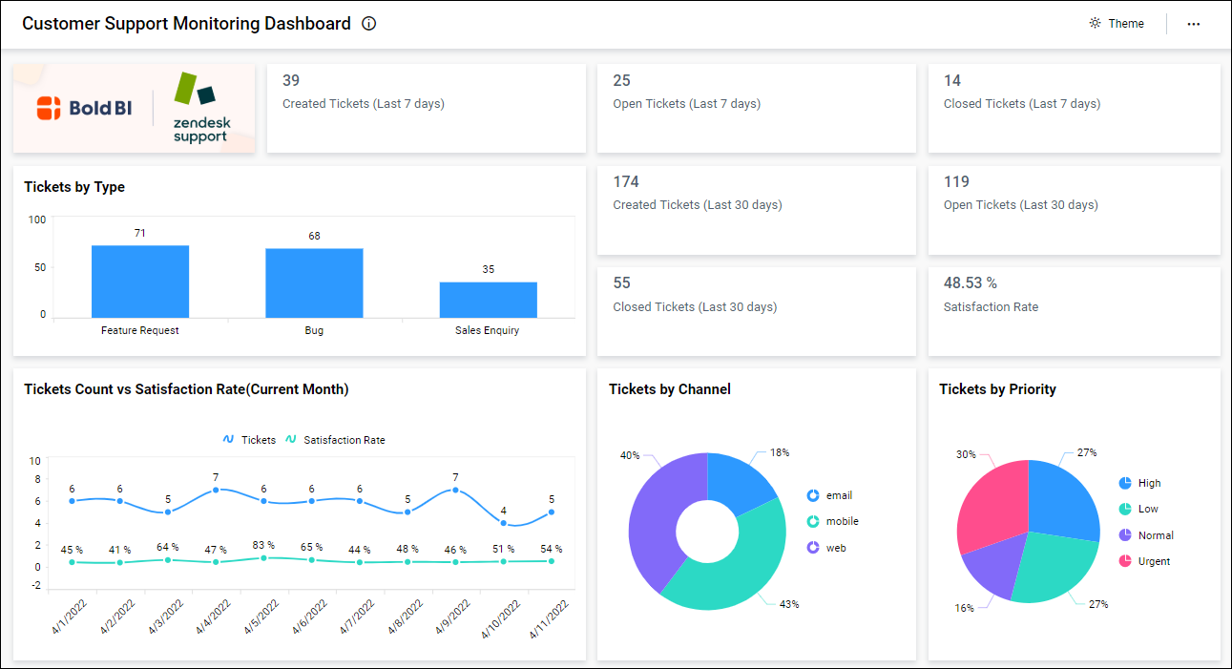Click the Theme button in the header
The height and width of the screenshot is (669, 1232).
(1117, 24)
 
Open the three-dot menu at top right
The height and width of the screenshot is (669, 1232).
(1193, 24)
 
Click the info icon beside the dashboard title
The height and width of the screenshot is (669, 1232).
(369, 24)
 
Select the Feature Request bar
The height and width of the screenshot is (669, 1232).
(140, 282)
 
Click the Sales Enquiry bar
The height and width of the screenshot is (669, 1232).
(488, 300)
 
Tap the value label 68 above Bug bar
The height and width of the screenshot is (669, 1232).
(314, 236)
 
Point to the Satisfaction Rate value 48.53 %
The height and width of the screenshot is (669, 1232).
(970, 283)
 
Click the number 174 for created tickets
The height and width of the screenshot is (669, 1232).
(626, 182)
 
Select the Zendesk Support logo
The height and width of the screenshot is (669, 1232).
(199, 109)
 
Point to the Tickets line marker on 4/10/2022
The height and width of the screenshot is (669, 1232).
(504, 523)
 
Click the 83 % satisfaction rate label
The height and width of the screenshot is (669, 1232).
(263, 545)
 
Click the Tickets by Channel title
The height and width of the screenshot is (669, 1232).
(669, 389)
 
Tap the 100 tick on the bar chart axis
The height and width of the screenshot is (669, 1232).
(36, 220)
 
